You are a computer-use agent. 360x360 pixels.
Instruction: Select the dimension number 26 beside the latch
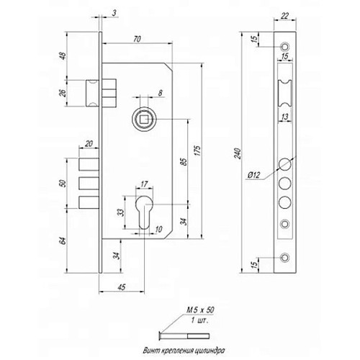tap(64, 94)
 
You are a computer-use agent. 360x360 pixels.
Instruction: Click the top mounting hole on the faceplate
tap(286, 46)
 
